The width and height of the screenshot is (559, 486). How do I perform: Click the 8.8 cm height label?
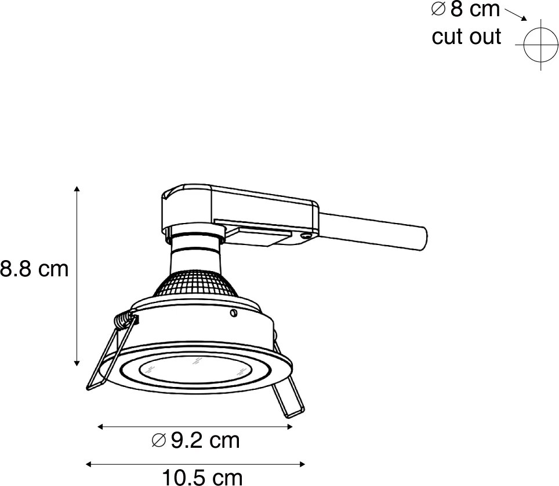(x=34, y=269)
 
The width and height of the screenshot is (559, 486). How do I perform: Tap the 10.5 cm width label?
(x=201, y=477)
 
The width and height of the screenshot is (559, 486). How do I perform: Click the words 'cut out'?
(x=466, y=36)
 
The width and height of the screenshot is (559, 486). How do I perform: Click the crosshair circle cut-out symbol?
(x=540, y=45)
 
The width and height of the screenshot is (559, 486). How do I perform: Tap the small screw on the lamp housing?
(x=233, y=313)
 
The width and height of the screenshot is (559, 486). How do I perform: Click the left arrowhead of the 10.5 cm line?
(x=89, y=463)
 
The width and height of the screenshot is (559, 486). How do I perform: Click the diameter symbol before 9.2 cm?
(x=158, y=441)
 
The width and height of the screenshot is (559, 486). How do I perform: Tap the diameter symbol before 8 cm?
(x=438, y=10)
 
